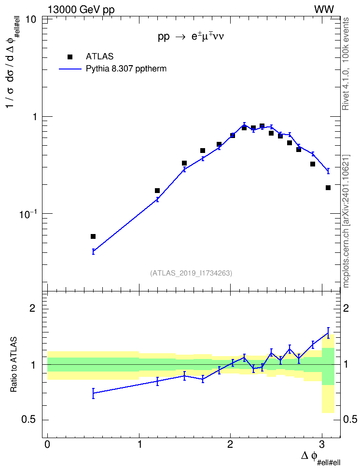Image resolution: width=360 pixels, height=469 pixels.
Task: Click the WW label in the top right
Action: [324, 10]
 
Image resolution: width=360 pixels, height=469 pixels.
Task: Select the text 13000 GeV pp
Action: [81, 10]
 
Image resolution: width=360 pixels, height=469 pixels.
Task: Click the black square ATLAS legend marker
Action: [70, 57]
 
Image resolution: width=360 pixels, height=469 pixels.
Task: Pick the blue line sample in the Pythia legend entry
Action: [70, 69]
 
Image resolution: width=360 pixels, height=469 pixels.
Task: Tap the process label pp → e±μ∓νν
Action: [191, 37]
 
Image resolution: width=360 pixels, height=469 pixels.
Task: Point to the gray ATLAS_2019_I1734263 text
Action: [191, 273]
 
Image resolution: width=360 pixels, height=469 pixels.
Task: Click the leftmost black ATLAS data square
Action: [93, 236]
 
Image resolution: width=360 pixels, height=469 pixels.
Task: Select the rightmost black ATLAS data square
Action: [328, 188]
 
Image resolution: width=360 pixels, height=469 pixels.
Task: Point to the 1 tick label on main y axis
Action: [34, 117]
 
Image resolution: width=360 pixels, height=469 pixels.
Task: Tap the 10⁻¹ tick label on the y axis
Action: [27, 214]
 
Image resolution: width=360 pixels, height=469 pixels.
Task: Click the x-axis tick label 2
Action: [230, 444]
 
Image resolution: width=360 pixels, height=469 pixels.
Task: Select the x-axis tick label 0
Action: [47, 444]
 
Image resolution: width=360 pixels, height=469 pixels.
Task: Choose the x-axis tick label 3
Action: [322, 444]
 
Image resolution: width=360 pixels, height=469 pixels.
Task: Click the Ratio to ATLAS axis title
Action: [14, 365]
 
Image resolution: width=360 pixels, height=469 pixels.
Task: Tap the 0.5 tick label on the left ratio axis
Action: [29, 420]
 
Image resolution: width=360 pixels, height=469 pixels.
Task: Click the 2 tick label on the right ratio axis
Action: [346, 308]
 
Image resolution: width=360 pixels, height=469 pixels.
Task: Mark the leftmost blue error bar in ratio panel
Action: [93, 393]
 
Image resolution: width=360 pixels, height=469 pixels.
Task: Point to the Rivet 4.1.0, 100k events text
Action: [346, 64]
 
